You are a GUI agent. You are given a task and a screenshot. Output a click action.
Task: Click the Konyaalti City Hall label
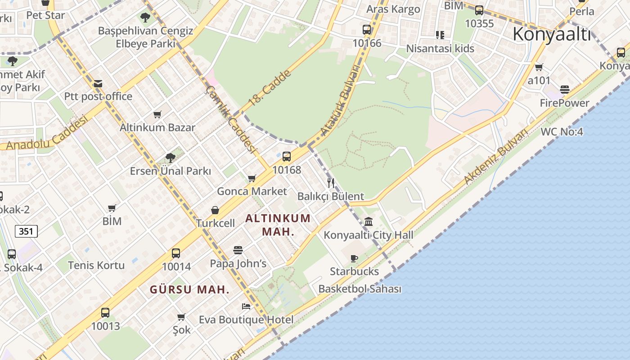coord(369,235)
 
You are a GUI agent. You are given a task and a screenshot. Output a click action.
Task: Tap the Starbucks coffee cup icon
coord(354,258)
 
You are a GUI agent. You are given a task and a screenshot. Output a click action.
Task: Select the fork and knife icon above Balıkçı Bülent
coord(331,183)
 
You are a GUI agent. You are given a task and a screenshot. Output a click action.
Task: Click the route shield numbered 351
coord(27,231)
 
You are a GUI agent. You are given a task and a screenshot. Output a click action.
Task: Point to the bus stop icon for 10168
coord(287,157)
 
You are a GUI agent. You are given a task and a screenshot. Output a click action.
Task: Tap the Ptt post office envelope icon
coord(98,83)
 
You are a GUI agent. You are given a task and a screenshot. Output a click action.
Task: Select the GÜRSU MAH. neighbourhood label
coord(189,289)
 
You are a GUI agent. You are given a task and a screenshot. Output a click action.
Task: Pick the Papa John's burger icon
coord(238,250)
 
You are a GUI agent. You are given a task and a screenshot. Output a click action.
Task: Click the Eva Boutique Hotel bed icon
coord(246,306)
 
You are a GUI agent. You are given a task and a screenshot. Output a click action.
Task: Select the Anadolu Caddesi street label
coord(47,133)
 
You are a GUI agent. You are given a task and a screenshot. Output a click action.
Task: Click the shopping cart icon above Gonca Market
coord(252,178)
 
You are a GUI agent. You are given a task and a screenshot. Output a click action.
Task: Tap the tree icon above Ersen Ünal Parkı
coord(170,157)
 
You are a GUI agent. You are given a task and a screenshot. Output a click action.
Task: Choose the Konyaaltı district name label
coord(551,34)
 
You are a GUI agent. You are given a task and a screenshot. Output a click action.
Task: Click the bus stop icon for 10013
coord(105,312)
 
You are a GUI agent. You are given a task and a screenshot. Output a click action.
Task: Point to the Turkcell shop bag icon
coord(215,210)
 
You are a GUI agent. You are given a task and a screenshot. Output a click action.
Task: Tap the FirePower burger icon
coord(565,90)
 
